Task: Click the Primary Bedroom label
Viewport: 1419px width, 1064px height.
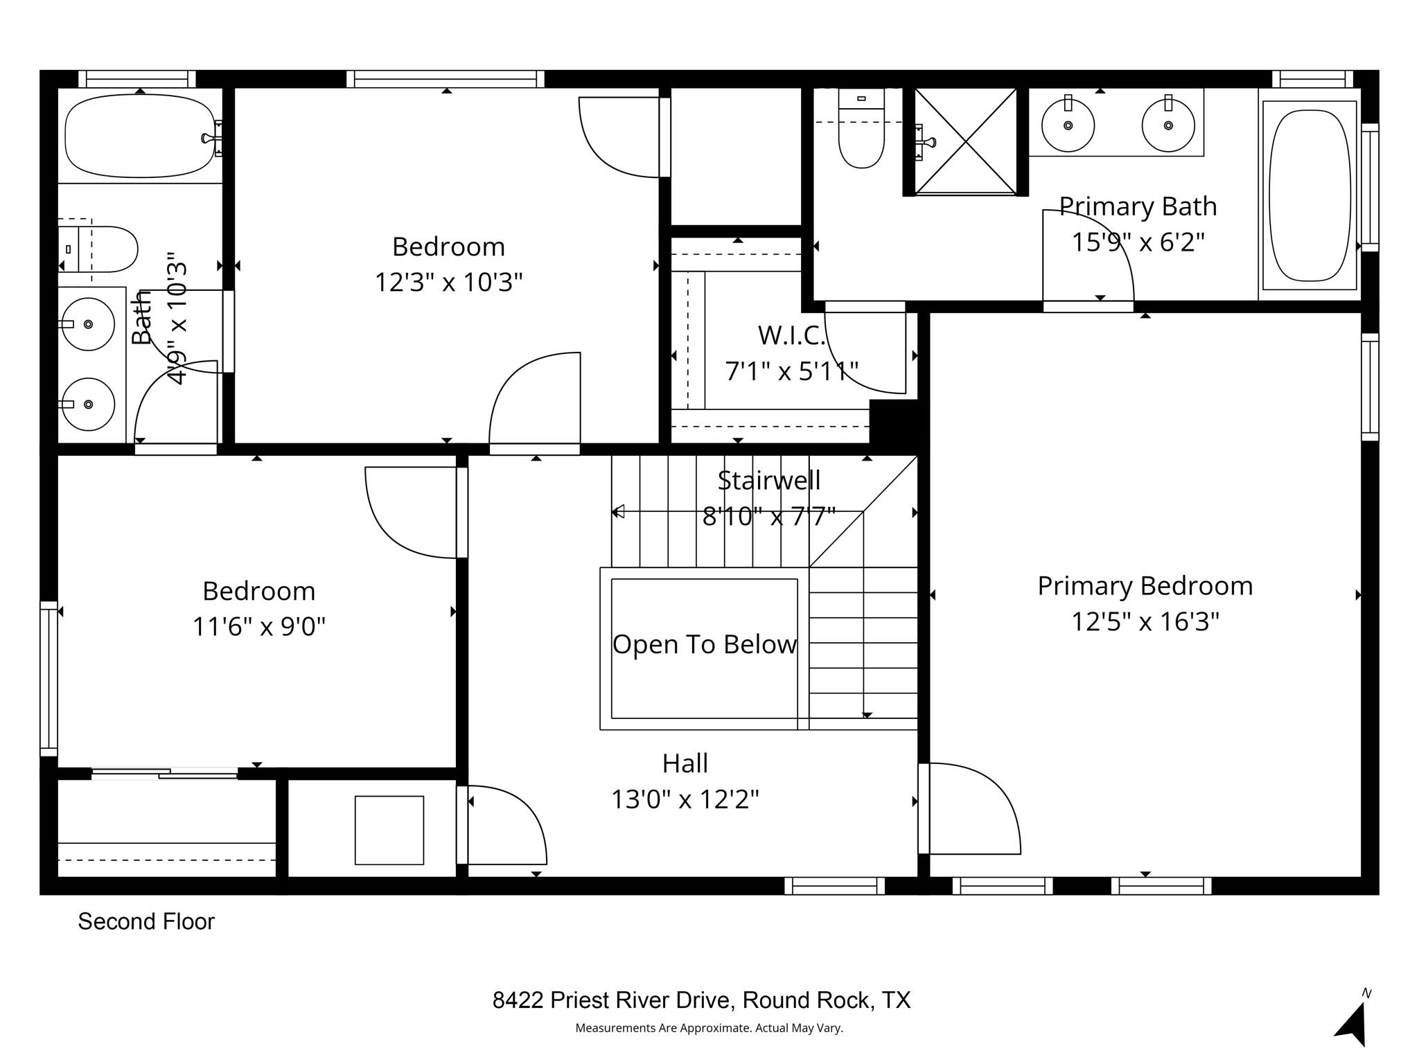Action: coord(1145,586)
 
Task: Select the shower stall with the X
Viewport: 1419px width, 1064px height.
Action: coord(966,141)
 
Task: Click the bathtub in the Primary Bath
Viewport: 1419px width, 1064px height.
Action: coord(1309,195)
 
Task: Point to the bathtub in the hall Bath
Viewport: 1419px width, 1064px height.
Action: coord(140,136)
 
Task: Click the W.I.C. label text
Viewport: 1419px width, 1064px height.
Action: coord(791,335)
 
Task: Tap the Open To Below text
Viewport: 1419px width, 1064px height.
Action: coord(705,644)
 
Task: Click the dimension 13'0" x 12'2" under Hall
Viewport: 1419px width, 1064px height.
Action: coord(685,799)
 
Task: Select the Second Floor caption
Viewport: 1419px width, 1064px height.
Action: coord(146,921)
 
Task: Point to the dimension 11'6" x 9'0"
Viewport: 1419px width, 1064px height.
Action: coord(258,627)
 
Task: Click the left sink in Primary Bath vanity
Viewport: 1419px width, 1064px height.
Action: coord(1068,126)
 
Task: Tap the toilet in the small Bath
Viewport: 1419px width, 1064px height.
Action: coord(104,249)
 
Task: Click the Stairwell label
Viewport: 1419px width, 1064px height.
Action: coord(768,480)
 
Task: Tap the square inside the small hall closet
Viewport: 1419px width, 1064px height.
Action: coord(389,830)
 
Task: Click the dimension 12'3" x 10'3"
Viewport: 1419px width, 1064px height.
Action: coord(448,283)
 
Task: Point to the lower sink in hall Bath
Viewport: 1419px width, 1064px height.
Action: coord(88,404)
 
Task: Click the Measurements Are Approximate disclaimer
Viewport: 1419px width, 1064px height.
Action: coord(709,1028)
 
